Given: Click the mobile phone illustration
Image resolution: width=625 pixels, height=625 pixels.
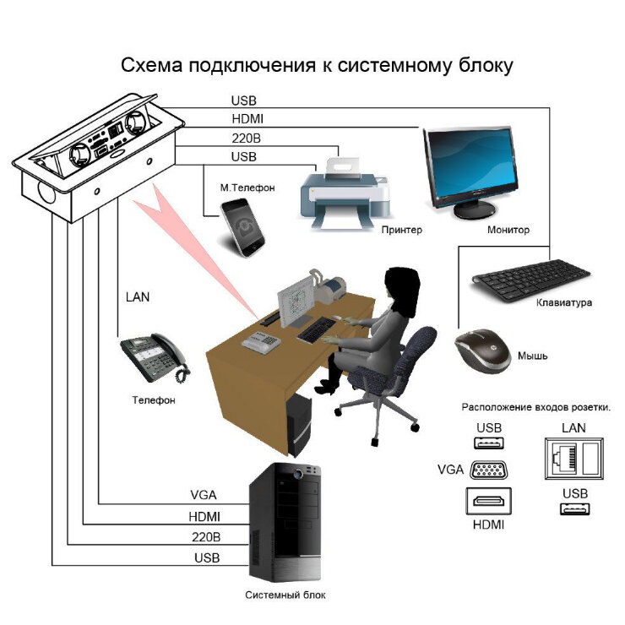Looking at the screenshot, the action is [242, 227].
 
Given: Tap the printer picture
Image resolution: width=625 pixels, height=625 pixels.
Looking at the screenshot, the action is [345, 193].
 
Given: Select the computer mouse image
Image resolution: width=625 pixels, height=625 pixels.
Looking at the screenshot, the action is [483, 351].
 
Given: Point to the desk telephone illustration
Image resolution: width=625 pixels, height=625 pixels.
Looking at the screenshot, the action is [155, 357].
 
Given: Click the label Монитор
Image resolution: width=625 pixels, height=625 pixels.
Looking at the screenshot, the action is [508, 230].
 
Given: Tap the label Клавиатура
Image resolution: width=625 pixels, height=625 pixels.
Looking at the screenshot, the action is [563, 302].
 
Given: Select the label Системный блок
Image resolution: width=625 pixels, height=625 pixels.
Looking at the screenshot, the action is [285, 595].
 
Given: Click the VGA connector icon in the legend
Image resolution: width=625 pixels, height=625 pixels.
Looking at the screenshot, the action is [489, 470].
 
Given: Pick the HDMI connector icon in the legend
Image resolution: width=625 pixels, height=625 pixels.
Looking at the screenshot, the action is [489, 501].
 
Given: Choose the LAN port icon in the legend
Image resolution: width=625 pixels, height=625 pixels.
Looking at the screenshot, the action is [574, 459].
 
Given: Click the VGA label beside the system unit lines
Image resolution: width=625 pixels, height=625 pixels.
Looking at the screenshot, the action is [204, 495].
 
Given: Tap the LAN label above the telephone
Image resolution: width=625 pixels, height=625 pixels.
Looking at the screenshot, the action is [138, 297].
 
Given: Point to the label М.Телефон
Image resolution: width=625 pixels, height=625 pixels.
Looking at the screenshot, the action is [247, 187].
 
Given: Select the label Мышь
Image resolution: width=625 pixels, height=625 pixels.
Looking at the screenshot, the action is [533, 356].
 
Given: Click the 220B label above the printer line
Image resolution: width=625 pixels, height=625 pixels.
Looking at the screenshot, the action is [247, 139].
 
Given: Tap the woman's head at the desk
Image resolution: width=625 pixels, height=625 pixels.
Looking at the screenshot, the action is [402, 285].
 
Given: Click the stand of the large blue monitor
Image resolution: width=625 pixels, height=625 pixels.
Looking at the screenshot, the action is [475, 208].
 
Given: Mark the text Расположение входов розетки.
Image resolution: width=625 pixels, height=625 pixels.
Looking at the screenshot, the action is [536, 407].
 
